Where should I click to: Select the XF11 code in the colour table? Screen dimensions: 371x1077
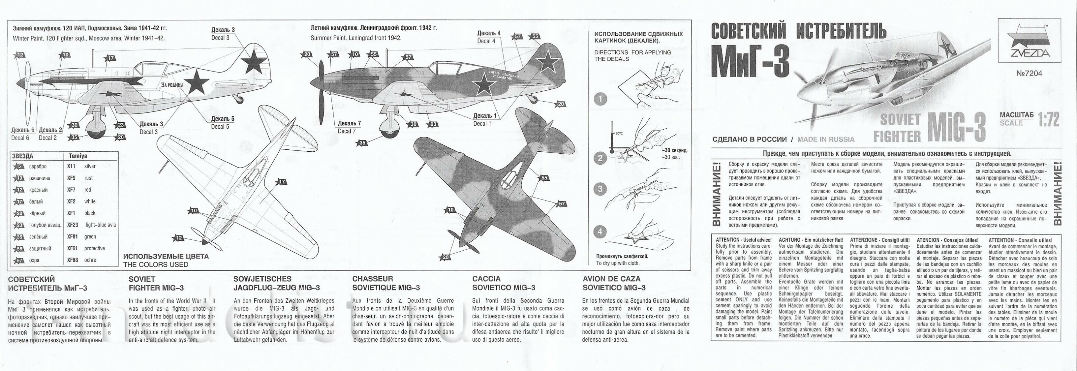[71, 166]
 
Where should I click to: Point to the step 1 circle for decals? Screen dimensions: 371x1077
[600, 99]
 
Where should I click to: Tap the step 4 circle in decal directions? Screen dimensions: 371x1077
[600, 231]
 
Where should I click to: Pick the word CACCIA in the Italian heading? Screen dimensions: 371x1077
[486, 279]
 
